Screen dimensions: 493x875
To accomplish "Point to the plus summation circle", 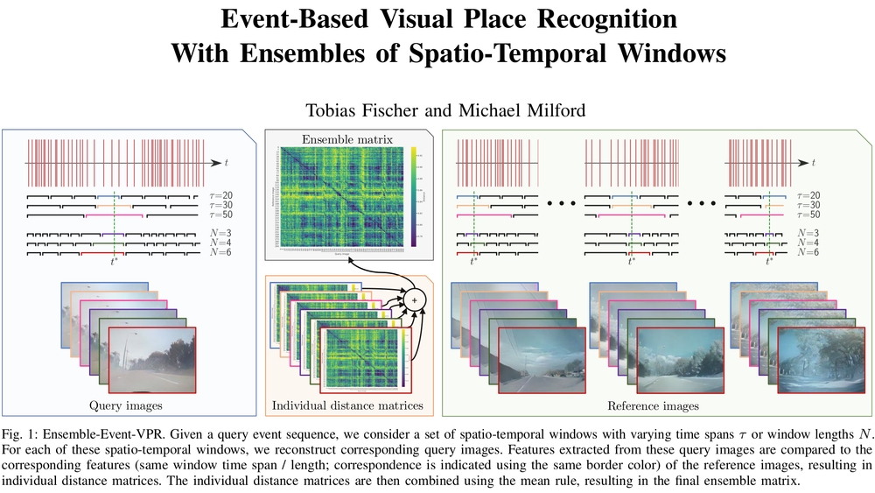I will (x=416, y=300).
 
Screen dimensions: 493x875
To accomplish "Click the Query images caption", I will (x=126, y=405).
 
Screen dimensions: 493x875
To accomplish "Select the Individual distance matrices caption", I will (x=347, y=405).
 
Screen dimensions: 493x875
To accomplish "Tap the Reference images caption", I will (x=653, y=405).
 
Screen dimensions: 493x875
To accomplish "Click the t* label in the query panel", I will (x=115, y=262).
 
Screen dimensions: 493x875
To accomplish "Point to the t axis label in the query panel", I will (x=227, y=163).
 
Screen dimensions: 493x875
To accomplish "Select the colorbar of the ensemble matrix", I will (x=412, y=194).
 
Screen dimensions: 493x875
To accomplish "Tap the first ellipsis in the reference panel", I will (x=559, y=204).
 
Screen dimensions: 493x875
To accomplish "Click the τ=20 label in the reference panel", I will (x=809, y=194).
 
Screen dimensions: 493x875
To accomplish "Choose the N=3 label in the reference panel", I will (x=809, y=233).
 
